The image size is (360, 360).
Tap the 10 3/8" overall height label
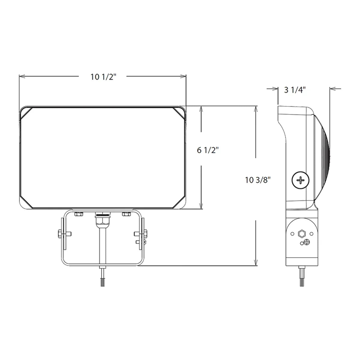click(258, 180)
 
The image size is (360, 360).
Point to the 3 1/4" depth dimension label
click(295, 89)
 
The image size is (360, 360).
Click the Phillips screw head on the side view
click(300, 180)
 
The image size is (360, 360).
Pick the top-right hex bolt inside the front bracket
click(127, 214)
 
